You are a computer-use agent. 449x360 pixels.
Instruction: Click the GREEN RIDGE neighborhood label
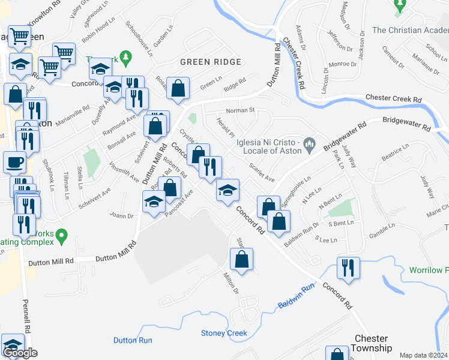[x=210, y=62]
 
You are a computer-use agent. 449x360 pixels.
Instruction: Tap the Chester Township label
[x=373, y=343]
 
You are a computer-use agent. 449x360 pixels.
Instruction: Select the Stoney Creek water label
[x=224, y=333]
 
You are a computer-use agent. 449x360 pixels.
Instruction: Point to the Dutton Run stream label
[x=133, y=340]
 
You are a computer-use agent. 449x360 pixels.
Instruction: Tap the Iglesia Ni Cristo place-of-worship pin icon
[x=309, y=142]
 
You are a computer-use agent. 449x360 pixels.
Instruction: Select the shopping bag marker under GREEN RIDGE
[x=178, y=88]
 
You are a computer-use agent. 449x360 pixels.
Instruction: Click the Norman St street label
[x=241, y=110]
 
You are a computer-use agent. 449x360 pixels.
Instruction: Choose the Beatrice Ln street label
[x=394, y=154]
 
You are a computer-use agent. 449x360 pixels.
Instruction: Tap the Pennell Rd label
[x=26, y=316]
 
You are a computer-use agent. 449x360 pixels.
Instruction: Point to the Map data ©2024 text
[x=423, y=355]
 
